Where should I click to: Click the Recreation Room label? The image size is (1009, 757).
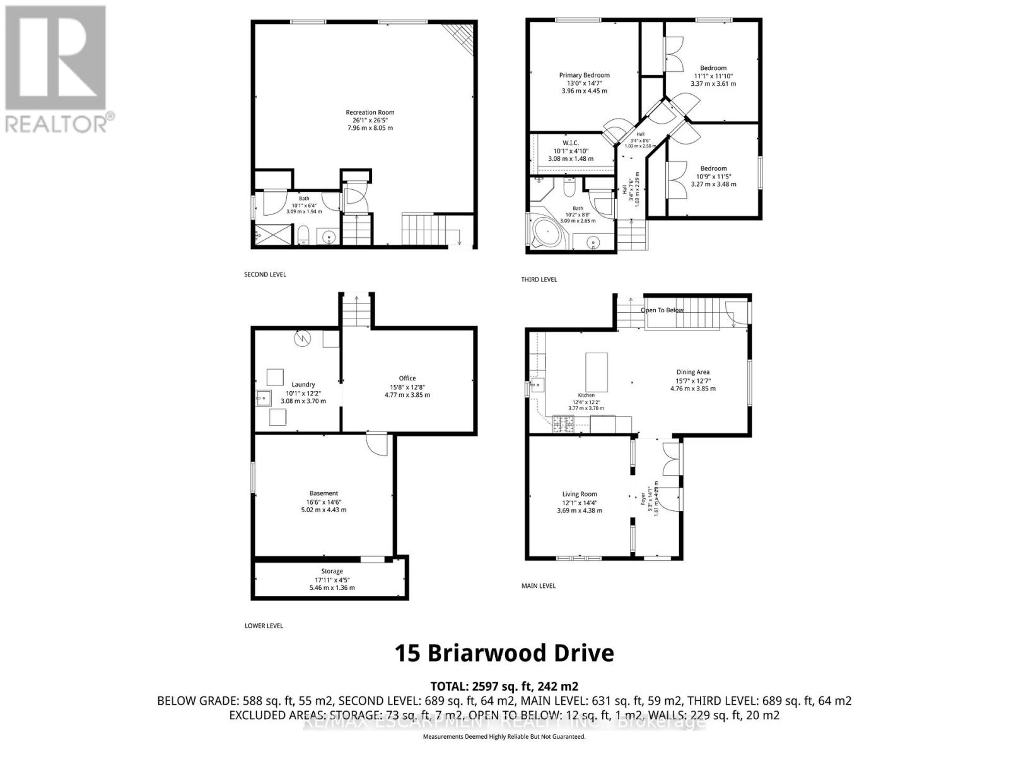370,112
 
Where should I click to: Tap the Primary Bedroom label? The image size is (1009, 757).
584,75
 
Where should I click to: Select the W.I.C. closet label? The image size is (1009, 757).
570,143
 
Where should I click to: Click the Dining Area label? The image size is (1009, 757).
693,372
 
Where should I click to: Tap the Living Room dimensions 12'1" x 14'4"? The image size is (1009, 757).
580,503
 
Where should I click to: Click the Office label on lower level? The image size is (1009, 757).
407,378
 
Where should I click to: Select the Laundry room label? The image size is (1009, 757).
303,384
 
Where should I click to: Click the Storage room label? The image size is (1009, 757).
332,572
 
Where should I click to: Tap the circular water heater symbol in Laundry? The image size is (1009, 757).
302,339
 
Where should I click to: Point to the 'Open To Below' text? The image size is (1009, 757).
662,310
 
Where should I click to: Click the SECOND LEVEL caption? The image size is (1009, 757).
265,274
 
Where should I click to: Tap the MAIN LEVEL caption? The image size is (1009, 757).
539,586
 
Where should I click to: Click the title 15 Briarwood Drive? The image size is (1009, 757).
504,653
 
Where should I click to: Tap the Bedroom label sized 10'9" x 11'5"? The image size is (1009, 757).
713,168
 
